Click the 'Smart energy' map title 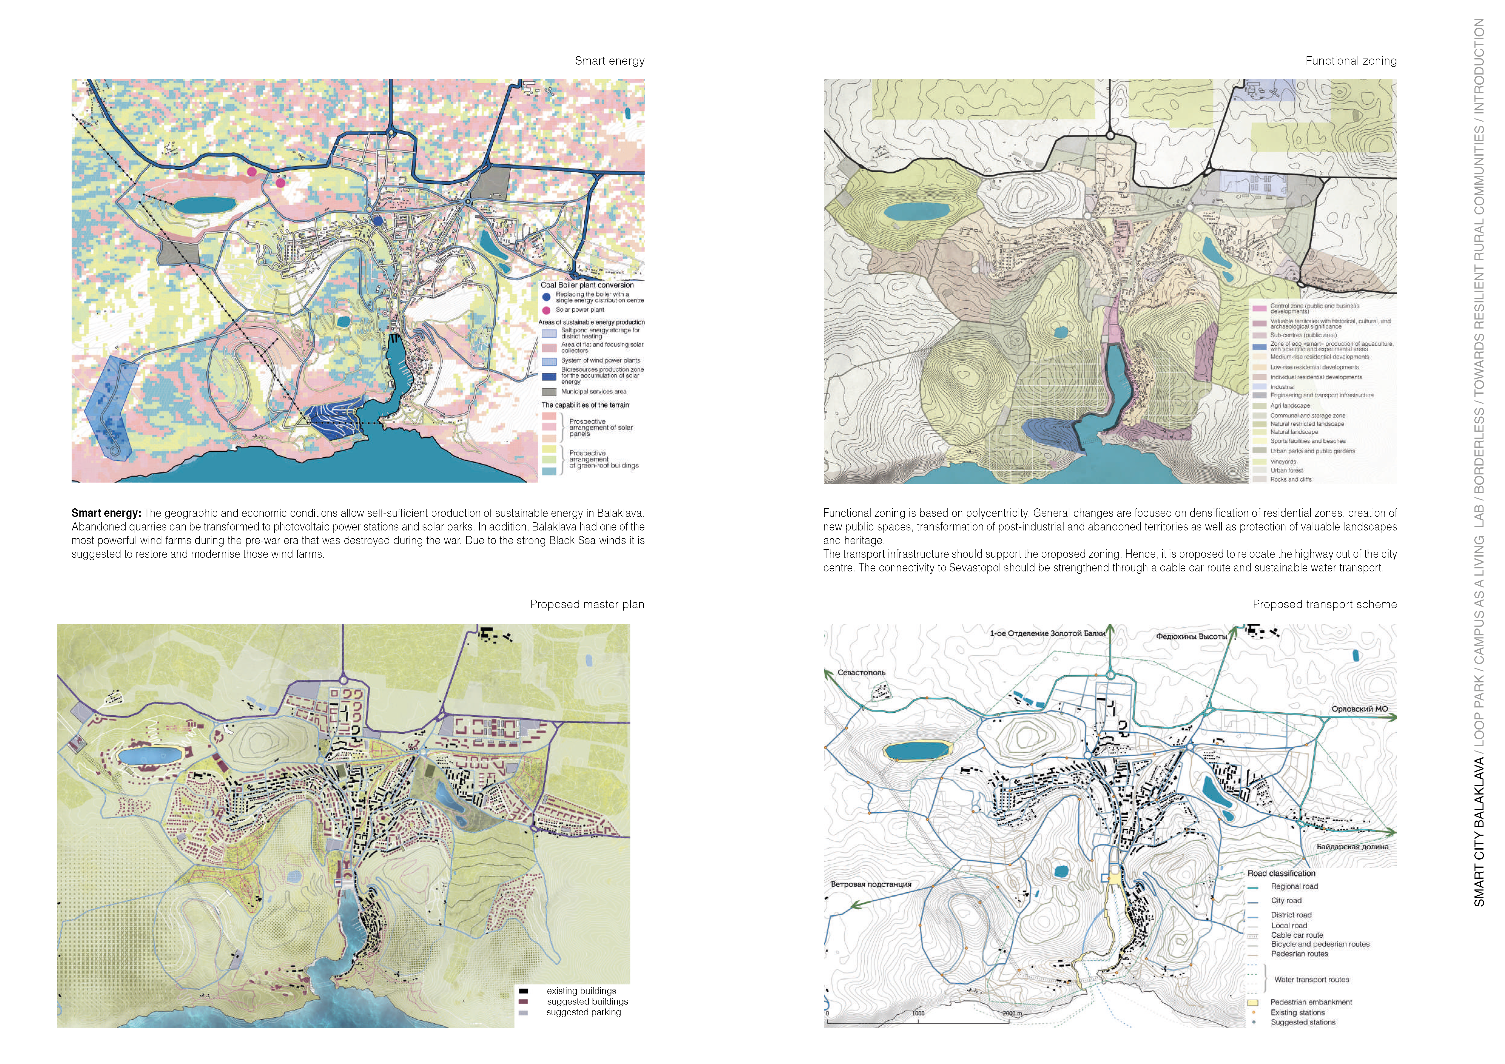coord(609,61)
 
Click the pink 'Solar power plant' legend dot coord(546,310)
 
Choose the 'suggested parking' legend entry coord(583,1012)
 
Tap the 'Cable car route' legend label coord(1297,935)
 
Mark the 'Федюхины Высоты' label coord(1191,636)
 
